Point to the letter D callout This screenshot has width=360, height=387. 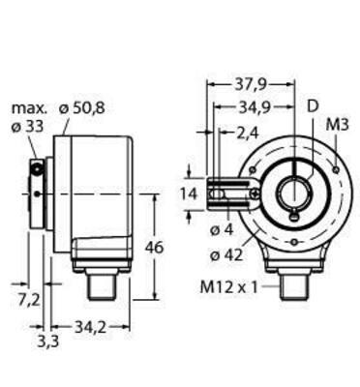311,104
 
